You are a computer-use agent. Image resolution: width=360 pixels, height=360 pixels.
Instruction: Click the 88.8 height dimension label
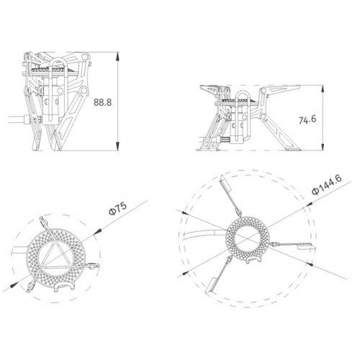103,102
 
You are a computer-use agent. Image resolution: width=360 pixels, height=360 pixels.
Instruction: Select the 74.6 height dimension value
307,120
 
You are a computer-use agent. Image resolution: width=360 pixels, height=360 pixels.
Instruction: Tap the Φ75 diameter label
118,208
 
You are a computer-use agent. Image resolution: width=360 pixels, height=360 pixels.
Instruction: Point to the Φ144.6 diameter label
326,184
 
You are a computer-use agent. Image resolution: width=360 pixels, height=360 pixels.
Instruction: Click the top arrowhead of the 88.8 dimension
117,57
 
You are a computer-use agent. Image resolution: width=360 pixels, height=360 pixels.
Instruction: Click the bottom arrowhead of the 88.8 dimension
117,146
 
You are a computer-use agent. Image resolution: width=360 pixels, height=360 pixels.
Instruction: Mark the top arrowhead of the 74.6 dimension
323,90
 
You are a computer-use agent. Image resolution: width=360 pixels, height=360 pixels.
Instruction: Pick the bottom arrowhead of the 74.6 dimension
323,146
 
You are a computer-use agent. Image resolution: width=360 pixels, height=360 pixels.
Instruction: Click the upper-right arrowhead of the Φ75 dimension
97,231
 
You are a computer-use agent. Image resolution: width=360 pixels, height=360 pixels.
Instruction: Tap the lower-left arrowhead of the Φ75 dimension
14,285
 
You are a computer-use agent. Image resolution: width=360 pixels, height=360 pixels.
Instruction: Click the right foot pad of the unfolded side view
293,149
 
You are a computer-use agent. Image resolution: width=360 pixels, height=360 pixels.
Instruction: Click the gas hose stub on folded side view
18,120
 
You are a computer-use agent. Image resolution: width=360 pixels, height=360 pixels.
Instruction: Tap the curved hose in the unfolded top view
204,232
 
